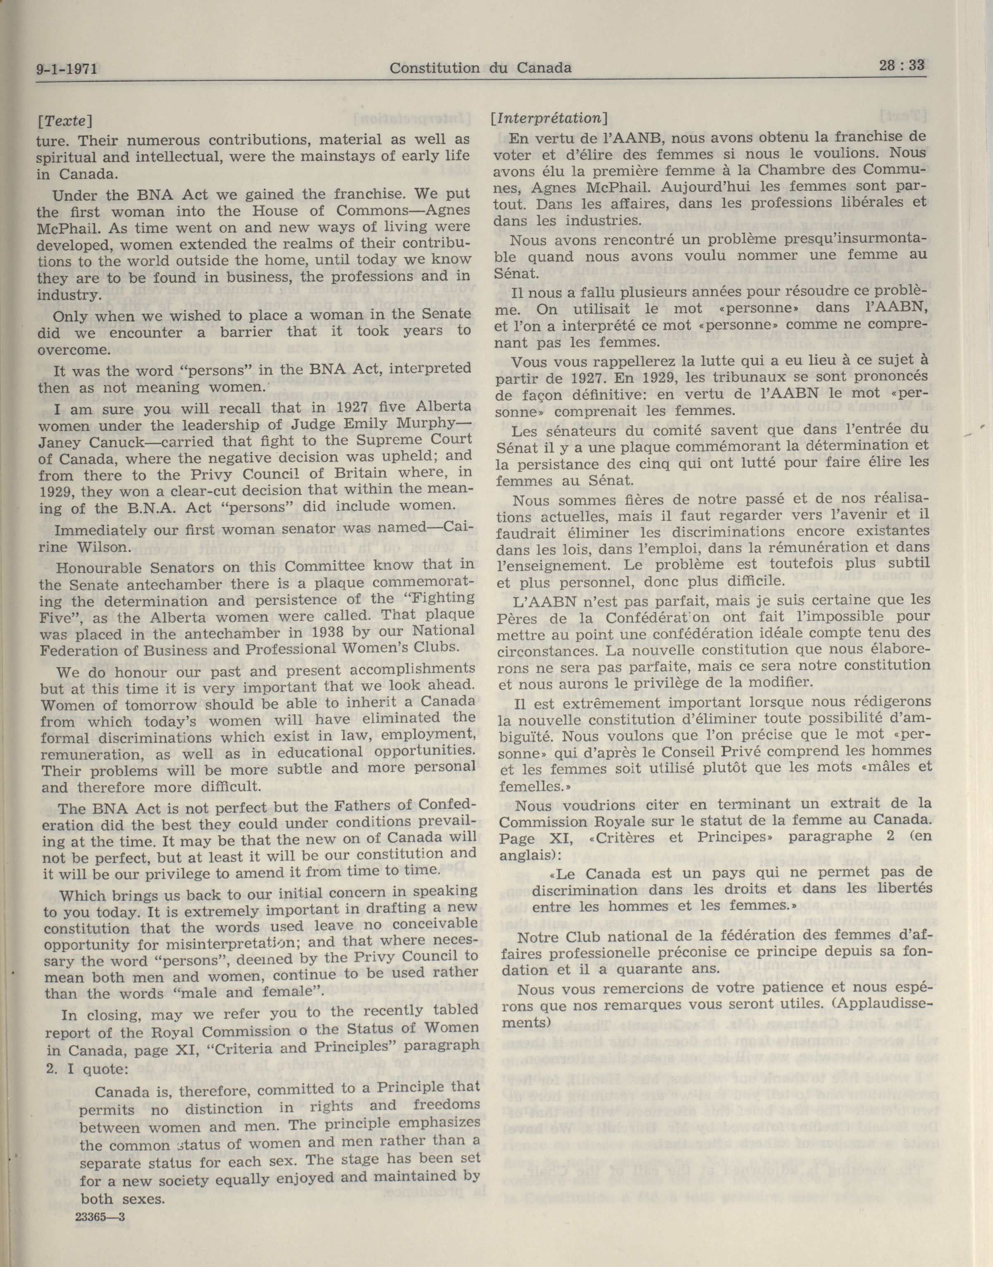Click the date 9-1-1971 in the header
point(66,70)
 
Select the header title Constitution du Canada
point(480,68)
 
